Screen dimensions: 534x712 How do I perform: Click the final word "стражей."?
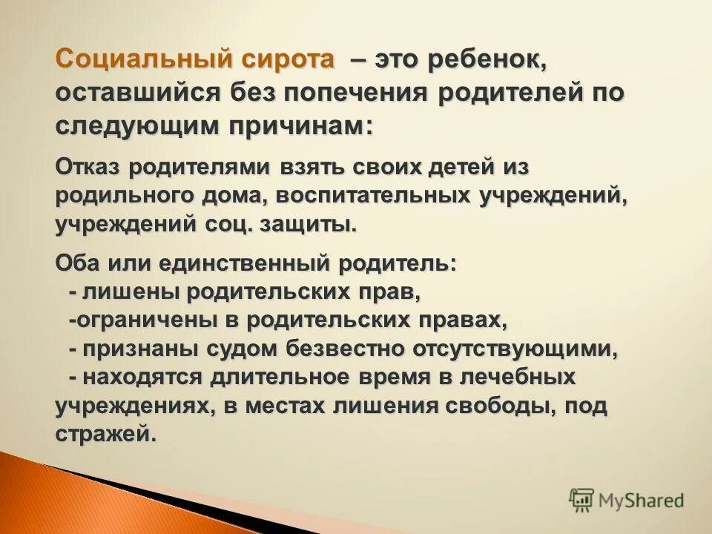tap(106, 434)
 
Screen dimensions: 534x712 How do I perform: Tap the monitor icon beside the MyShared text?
tap(581, 500)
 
